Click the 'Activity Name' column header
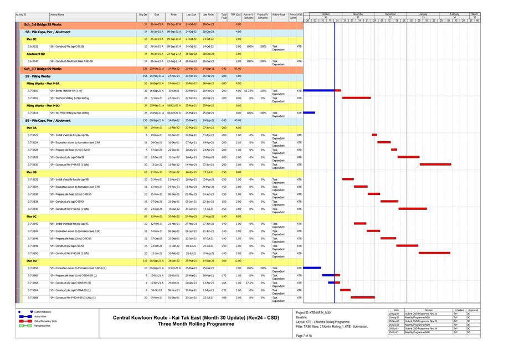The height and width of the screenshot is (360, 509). click(x=57, y=15)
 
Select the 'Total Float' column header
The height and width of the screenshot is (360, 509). click(x=224, y=17)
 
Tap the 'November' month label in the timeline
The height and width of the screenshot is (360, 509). click(x=358, y=14)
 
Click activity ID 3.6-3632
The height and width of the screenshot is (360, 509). click(x=33, y=47)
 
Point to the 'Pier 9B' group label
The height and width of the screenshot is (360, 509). click(x=32, y=172)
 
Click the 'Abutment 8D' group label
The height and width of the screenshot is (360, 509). click(x=36, y=54)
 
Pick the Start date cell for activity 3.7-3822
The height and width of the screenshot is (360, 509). click(x=157, y=135)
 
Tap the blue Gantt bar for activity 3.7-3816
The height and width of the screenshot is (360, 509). click(x=309, y=112)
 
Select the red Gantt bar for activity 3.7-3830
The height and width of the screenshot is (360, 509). click(x=435, y=164)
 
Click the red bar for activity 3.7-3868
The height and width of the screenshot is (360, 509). click(x=371, y=297)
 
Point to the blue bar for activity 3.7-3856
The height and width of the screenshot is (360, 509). click(x=312, y=268)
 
